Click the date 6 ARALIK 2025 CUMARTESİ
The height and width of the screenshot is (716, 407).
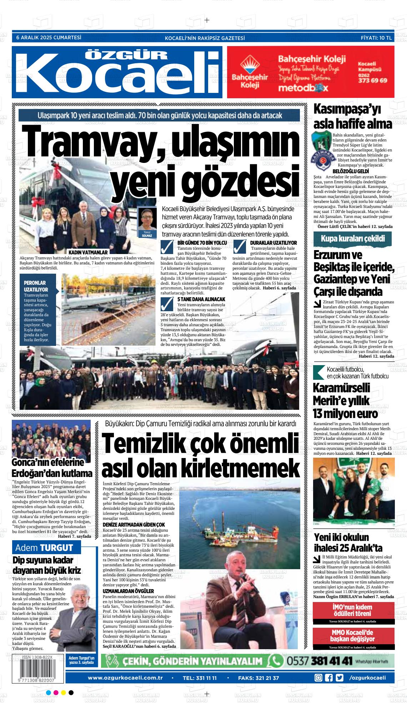pos(49,38)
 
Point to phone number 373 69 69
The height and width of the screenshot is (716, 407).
pos(372,80)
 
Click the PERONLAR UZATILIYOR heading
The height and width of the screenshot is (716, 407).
pos(36,285)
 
